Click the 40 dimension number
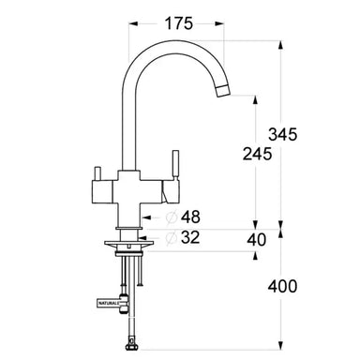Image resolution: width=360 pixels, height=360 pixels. point(254,240)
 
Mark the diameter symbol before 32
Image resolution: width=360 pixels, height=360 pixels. point(172,239)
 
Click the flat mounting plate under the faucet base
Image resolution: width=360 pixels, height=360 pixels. point(128,247)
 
